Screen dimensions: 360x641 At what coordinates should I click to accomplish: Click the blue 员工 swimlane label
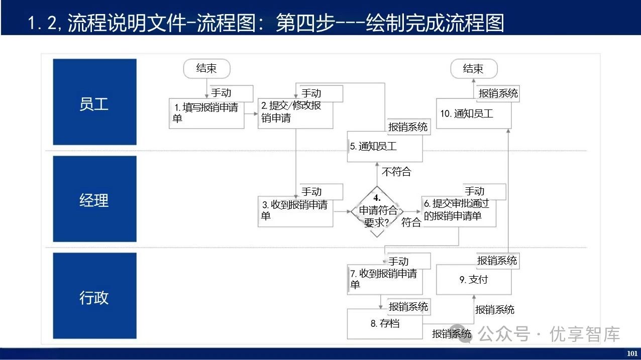(94, 102)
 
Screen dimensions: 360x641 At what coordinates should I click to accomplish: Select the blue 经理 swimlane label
(94, 199)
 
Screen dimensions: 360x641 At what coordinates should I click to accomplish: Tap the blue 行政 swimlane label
(94, 296)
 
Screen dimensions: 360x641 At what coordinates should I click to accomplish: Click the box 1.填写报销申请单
(206, 114)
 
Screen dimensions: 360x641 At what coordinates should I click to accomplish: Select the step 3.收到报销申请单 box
(295, 211)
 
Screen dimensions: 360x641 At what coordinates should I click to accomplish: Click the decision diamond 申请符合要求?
(377, 212)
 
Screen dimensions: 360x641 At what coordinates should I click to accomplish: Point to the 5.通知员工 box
(384, 147)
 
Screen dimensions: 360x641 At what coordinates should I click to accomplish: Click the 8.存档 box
(385, 324)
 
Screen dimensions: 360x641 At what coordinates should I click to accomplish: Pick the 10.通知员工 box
(473, 114)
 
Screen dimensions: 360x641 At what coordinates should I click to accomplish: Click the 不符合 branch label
(396, 172)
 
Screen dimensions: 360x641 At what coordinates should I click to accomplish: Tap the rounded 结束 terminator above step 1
(206, 69)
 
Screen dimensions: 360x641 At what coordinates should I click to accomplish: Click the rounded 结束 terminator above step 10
(473, 69)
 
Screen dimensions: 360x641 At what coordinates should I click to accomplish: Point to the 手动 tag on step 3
(311, 192)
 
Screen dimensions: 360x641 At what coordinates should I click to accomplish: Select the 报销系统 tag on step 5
(408, 127)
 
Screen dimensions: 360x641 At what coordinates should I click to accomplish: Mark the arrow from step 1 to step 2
(251, 114)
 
